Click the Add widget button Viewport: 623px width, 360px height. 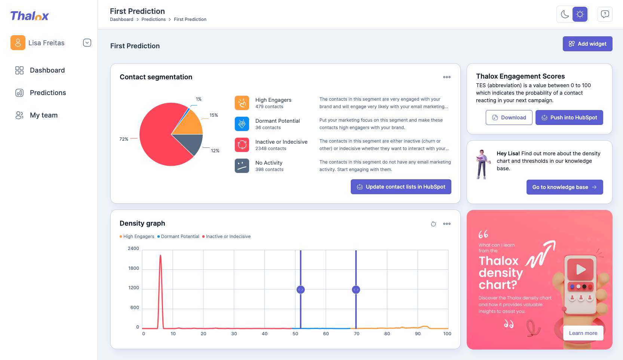pyautogui.click(x=587, y=44)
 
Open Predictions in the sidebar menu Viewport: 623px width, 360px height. pyautogui.click(x=47, y=93)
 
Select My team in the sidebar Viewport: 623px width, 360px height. pyautogui.click(x=43, y=115)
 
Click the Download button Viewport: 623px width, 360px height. pyautogui.click(x=509, y=118)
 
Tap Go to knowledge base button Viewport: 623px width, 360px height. pyautogui.click(x=564, y=187)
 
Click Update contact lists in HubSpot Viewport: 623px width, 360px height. pyautogui.click(x=400, y=187)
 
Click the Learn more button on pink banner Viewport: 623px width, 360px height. pyautogui.click(x=583, y=333)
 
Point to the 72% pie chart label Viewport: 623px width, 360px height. pyautogui.click(x=124, y=139)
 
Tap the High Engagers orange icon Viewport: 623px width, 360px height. pyautogui.click(x=242, y=103)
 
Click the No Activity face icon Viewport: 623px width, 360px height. pyautogui.click(x=242, y=166)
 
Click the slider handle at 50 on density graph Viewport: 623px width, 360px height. pyautogui.click(x=300, y=290)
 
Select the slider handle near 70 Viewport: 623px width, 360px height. pyautogui.click(x=356, y=290)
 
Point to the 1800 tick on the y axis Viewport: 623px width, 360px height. pyautogui.click(x=133, y=268)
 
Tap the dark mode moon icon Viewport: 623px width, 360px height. pyautogui.click(x=565, y=15)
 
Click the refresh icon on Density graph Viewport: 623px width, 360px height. pyautogui.click(x=433, y=224)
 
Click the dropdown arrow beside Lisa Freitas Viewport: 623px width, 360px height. pyautogui.click(x=87, y=43)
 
